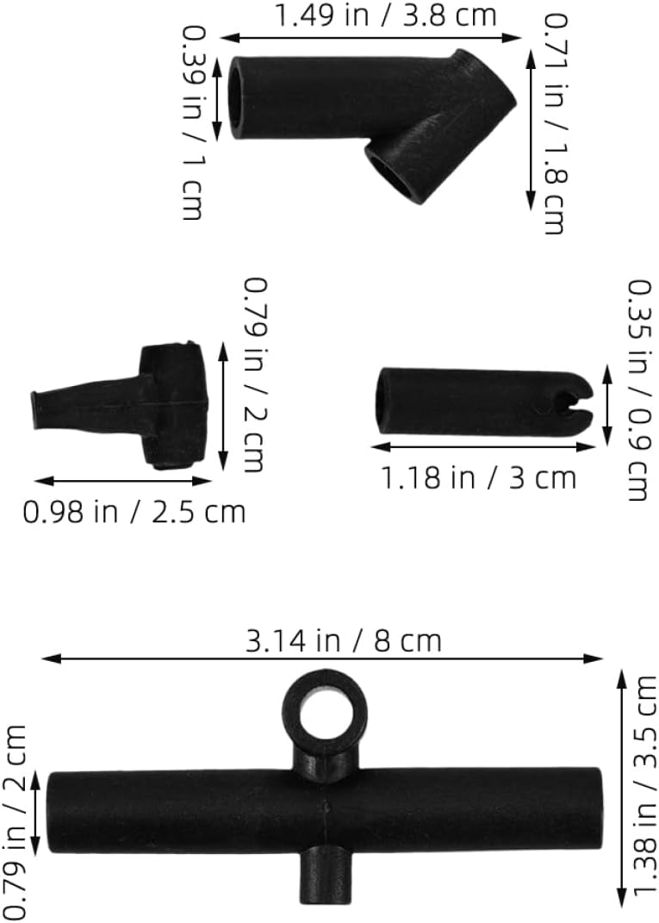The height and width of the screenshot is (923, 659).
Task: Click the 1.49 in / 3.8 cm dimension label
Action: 386,15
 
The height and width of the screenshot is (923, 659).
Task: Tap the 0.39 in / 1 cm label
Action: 192,123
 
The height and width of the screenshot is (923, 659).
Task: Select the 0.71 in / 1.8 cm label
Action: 554,123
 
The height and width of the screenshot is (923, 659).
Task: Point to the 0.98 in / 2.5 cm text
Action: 134,512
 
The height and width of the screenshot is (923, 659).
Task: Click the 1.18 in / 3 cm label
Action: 479,477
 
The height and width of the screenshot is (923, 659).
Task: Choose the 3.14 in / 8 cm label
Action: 344,640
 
